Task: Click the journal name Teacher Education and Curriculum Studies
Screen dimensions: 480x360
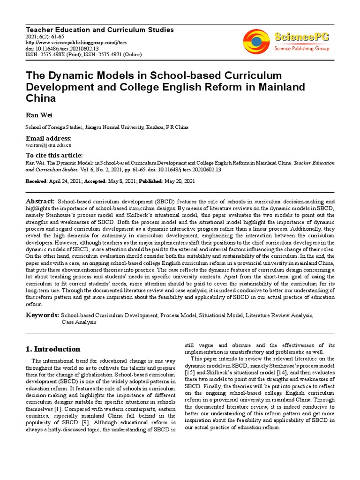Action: pos(99,30)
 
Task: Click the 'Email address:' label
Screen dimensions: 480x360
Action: pos(49,139)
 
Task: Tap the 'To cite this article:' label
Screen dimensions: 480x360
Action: pos(54,156)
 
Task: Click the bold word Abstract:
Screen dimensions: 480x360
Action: pos(40,201)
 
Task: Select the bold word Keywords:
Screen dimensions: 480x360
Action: pos(42,315)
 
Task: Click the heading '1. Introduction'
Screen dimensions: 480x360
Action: pos(52,349)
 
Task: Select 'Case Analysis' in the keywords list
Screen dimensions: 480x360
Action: pos(79,322)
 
